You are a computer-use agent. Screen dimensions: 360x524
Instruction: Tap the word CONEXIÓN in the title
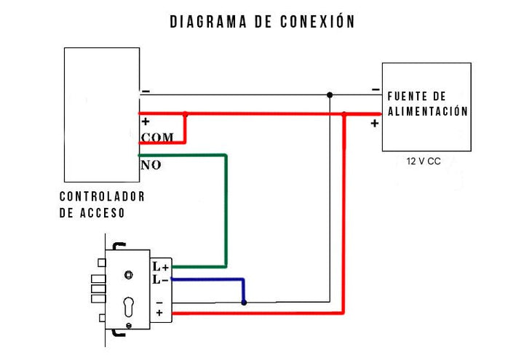317,22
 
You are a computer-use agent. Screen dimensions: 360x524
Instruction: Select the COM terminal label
157,137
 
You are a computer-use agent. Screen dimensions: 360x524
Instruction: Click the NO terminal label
151,165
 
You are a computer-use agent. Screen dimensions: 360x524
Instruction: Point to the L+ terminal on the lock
160,268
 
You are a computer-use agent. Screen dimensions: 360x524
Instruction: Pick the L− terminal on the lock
160,280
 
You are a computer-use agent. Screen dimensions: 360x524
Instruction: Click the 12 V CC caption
424,161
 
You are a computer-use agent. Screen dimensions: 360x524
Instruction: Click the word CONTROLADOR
102,196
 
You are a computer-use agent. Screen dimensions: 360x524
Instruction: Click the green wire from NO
226,211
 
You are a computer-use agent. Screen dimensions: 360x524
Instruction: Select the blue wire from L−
211,279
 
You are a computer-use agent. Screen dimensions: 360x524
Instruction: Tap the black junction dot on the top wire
330,95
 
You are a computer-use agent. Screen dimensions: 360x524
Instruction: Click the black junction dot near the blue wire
244,302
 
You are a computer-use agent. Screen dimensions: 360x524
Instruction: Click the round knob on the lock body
128,274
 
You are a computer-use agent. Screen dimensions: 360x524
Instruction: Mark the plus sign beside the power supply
374,124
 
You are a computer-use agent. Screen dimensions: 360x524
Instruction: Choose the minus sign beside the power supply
375,89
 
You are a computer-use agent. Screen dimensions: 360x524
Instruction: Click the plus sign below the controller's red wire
146,122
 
